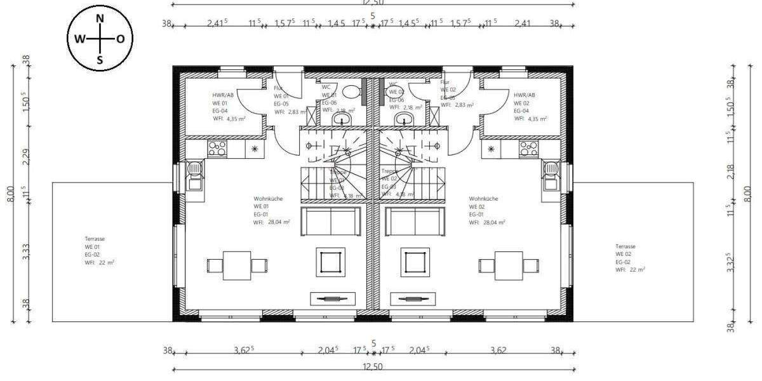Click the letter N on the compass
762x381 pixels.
coord(100,18)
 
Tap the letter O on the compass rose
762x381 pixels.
coord(121,39)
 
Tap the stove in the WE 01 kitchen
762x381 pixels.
coord(217,149)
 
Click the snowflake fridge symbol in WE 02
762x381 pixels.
coord(491,149)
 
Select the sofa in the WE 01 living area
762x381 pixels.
coord(330,221)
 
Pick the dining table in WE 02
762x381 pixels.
coord(508,265)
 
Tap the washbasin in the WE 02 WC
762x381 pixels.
coord(403,119)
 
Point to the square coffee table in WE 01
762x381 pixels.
coord(331,261)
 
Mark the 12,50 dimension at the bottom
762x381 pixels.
coord(373,366)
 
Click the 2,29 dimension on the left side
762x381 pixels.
coord(25,156)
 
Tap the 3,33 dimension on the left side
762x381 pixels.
coord(25,253)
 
